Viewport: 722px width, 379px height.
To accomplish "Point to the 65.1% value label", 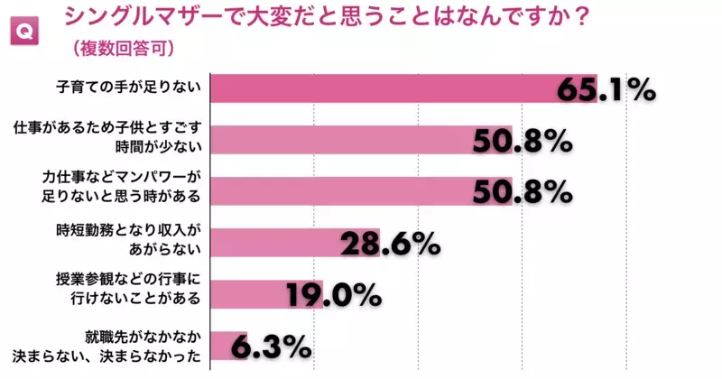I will pos(605,90).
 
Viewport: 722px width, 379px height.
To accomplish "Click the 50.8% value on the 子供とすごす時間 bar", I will pos(522,142).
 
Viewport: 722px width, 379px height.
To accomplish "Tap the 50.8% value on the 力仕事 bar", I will pos(522,192).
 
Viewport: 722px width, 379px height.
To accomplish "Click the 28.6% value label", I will pos(389,244).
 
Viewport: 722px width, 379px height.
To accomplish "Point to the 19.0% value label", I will pos(333,295).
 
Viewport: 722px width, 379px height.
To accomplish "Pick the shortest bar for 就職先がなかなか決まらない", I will pos(228,346).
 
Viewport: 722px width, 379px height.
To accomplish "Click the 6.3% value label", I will pos(271,347).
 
